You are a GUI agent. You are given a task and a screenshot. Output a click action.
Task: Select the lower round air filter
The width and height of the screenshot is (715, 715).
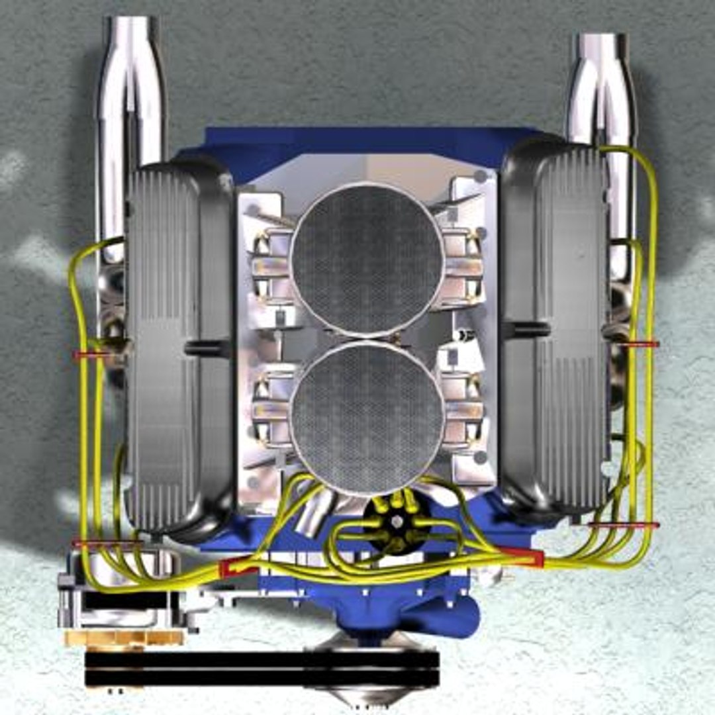tap(367, 410)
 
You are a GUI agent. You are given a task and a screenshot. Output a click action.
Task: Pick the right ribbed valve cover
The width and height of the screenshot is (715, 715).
tap(556, 331)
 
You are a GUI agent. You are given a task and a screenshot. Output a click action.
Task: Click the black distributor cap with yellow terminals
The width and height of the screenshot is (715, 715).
tap(396, 523)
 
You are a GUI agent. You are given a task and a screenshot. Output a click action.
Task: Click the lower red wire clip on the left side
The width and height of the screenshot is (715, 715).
tap(106, 543)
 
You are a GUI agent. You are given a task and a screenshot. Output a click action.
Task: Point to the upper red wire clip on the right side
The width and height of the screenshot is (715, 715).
tap(640, 344)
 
